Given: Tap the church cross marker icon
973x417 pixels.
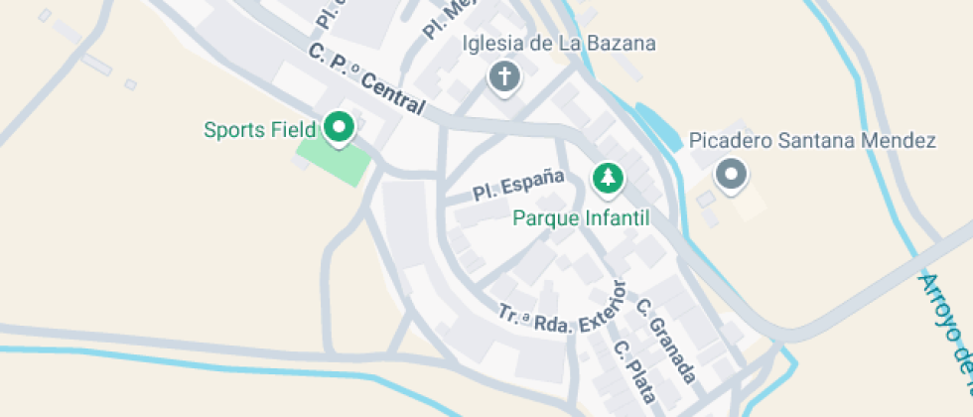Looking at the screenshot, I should [x=504, y=76].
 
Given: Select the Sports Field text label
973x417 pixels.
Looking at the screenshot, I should [x=259, y=129].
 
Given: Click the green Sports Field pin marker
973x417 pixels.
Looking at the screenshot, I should [x=340, y=127].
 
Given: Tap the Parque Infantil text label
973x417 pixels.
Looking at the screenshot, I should [x=581, y=217].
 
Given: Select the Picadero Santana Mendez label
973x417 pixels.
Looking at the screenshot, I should [x=812, y=141].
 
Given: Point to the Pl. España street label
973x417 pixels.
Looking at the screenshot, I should [x=518, y=186].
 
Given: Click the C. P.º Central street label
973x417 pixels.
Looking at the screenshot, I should [x=366, y=79].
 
